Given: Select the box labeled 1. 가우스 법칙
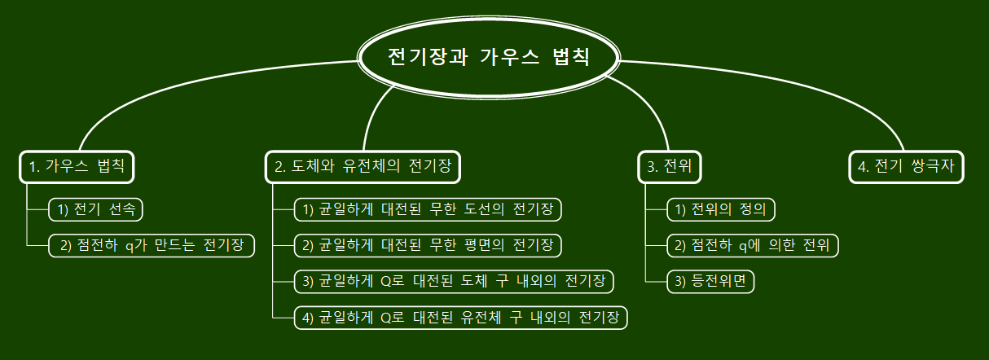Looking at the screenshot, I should click(x=77, y=167).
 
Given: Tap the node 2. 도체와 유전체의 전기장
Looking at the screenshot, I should click(x=363, y=167).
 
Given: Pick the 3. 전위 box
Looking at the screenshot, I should click(x=669, y=167).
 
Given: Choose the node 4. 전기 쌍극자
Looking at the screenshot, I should click(x=906, y=167).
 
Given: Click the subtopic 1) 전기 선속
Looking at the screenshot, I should click(x=95, y=209).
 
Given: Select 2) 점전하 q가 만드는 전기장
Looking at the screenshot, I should click(x=152, y=245).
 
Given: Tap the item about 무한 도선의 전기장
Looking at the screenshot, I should click(x=428, y=209).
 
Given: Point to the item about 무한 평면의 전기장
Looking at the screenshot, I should click(x=428, y=245).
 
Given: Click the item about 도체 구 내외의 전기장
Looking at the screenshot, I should click(x=454, y=281).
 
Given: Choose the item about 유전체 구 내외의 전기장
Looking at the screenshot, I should click(x=460, y=317).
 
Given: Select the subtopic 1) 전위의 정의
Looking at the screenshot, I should click(x=721, y=209).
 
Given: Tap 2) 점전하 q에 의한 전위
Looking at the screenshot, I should click(x=753, y=245).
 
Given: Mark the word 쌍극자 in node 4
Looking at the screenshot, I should click(x=934, y=167).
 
